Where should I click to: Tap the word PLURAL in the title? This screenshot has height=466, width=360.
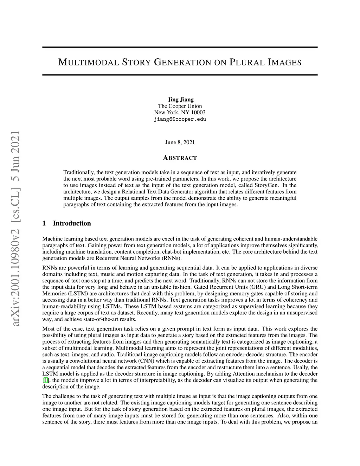[x=247, y=63]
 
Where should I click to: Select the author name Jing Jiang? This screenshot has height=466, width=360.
[x=180, y=100]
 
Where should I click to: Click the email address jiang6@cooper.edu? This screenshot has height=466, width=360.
[x=180, y=119]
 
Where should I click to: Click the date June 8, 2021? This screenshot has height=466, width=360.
[x=180, y=142]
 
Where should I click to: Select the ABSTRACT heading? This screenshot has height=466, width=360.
[x=180, y=158]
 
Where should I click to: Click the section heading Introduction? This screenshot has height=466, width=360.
[x=72, y=223]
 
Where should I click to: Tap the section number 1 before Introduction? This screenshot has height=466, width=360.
[x=44, y=223]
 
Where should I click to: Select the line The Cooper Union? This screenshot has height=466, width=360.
[x=180, y=106]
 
